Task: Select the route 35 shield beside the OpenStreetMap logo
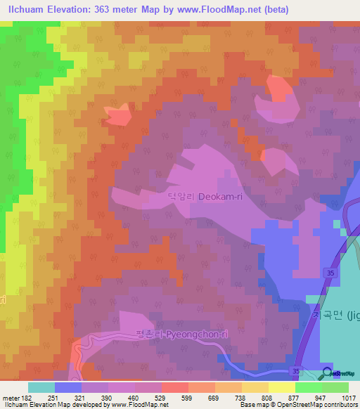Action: [297, 370]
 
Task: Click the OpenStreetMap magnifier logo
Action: [328, 372]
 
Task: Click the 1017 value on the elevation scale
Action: [348, 398]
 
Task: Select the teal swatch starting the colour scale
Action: [41, 387]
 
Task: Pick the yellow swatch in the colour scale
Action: [281, 387]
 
